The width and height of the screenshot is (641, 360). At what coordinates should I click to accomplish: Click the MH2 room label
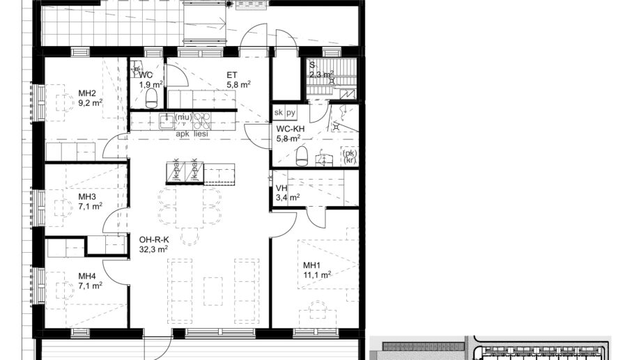point(87,93)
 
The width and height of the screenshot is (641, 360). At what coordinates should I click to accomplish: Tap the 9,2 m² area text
point(91,102)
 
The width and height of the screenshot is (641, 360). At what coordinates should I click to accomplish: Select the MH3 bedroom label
point(87,197)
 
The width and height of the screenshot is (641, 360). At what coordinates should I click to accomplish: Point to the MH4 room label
point(87,276)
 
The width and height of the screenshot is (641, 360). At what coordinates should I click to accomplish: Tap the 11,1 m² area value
point(316,274)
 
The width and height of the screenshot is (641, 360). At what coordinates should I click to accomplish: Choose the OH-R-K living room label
point(154,240)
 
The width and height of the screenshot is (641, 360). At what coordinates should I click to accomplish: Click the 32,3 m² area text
point(154,249)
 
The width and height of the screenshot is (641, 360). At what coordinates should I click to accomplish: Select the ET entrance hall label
point(232,75)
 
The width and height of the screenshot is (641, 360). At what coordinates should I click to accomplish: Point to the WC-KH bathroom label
point(291,129)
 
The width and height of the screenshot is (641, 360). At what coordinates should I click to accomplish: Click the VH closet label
point(281,188)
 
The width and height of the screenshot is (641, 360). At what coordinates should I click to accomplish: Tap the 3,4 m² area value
point(288,198)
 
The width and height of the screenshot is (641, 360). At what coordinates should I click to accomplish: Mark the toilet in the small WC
point(151,102)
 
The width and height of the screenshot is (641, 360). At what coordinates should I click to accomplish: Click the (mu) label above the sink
point(183,117)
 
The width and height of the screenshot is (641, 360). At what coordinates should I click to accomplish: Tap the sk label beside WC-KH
point(279,112)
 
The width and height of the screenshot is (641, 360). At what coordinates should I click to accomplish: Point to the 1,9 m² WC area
point(150,85)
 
